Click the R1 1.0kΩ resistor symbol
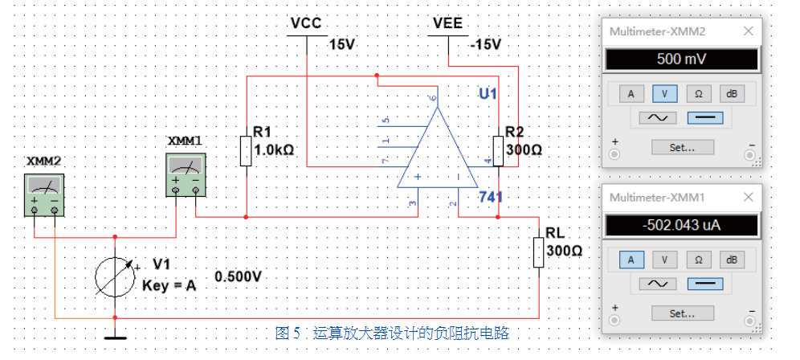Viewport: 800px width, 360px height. (246, 150)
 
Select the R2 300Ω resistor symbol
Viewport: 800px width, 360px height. (499, 150)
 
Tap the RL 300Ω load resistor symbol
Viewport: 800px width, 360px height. (538, 251)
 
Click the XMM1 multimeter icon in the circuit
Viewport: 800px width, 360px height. (186, 174)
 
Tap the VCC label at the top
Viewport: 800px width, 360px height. (306, 24)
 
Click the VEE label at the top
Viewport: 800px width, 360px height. (447, 24)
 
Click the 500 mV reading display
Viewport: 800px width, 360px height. (680, 60)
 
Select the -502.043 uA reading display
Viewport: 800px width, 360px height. (680, 225)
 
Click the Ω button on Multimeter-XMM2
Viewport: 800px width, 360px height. (699, 93)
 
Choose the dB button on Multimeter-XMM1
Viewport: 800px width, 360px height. (731, 260)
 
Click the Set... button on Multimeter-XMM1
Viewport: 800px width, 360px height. (680, 313)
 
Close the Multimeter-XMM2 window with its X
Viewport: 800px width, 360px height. (749, 31)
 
